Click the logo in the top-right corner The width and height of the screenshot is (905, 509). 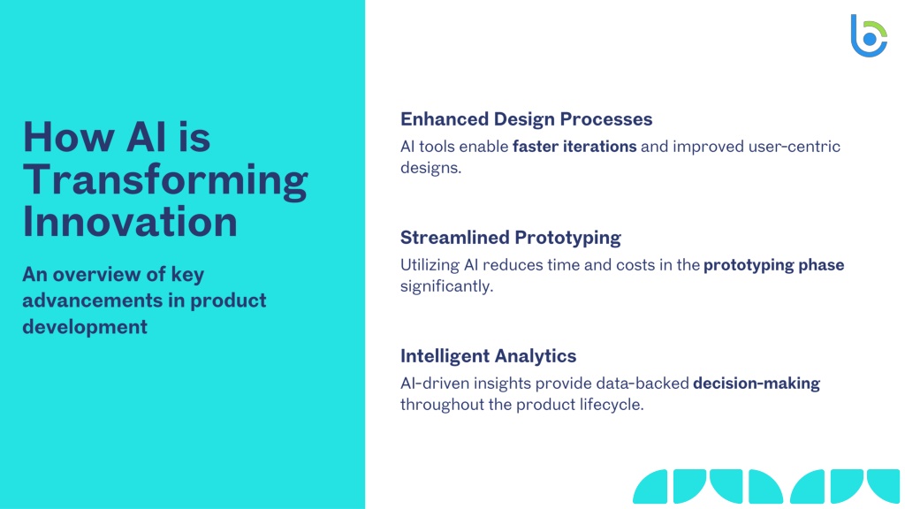click(x=868, y=35)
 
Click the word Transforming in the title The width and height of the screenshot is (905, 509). click(x=165, y=180)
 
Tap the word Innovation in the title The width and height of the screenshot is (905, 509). click(x=130, y=222)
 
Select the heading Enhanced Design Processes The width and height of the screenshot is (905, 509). click(x=527, y=119)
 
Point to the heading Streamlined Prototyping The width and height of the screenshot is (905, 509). click(x=511, y=238)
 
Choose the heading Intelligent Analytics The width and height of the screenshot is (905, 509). click(x=488, y=356)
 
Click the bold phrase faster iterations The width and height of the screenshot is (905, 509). click(x=574, y=147)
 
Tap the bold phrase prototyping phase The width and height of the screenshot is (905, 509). click(x=774, y=265)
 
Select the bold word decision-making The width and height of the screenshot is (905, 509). click(x=757, y=384)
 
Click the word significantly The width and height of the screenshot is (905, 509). click(x=446, y=287)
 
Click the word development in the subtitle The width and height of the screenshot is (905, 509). click(x=85, y=327)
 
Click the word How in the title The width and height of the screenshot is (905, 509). click(x=68, y=137)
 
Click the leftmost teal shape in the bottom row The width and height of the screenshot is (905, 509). click(x=650, y=486)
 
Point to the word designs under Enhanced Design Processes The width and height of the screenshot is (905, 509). click(x=430, y=169)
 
